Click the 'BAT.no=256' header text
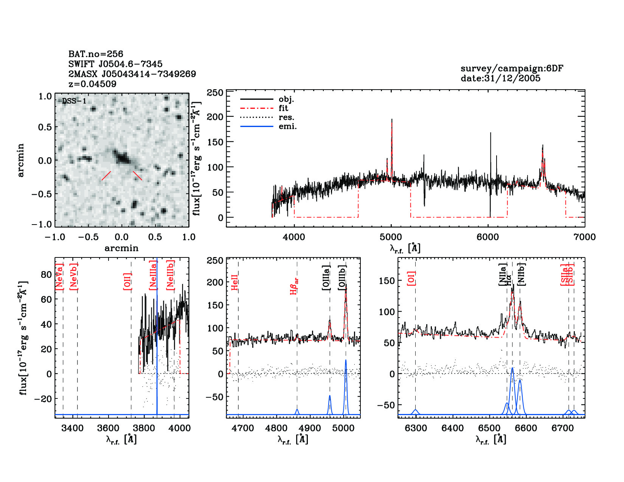[x=96, y=54]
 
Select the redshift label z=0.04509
[x=92, y=84]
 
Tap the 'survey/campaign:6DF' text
[x=512, y=68]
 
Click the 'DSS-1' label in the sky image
[x=74, y=101]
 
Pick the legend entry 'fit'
[x=283, y=108]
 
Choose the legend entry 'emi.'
[x=287, y=127]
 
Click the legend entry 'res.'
[x=286, y=118]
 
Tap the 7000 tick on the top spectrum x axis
[x=584, y=237]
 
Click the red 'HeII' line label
[x=235, y=283]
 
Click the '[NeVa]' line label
[x=59, y=277]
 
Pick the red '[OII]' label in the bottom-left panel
[x=127, y=281]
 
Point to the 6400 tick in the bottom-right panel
[x=453, y=428]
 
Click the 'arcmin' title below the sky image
[x=121, y=248]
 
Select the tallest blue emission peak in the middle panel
[x=346, y=361]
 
